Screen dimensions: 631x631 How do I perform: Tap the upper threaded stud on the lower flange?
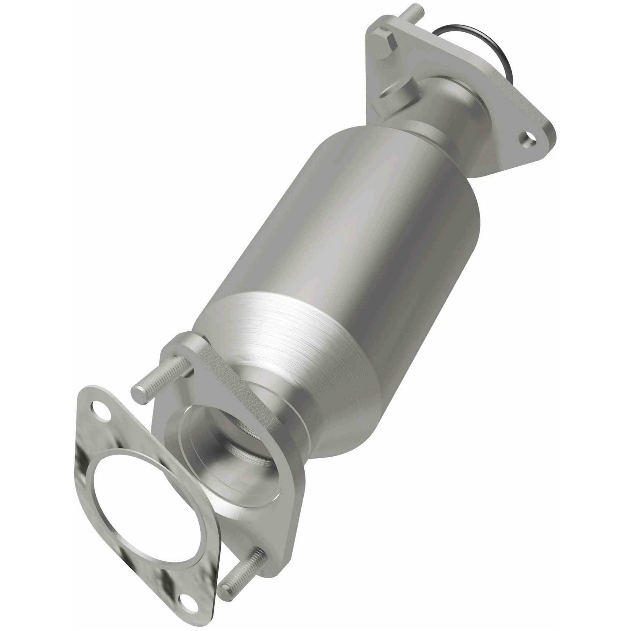163,382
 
